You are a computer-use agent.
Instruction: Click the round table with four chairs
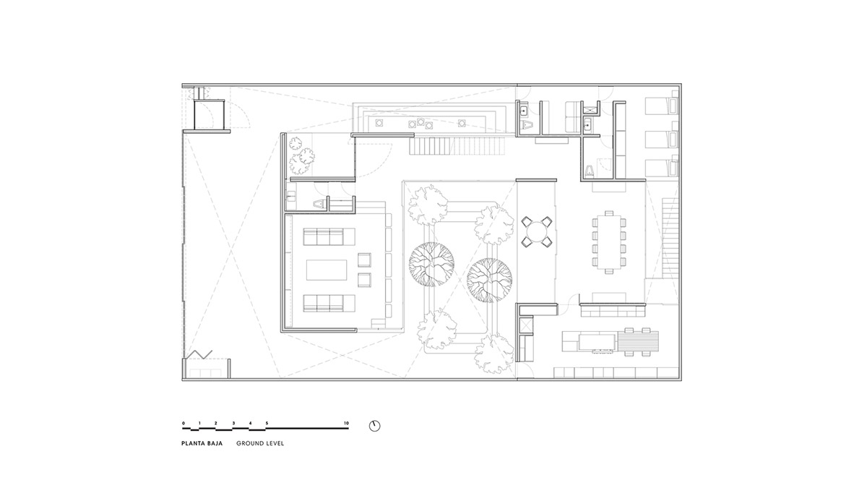(536, 231)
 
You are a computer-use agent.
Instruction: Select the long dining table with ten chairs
(609, 242)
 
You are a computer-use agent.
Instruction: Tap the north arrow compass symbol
(374, 426)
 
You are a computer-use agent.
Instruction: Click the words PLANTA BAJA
(202, 443)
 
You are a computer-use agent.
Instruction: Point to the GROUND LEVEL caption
(260, 443)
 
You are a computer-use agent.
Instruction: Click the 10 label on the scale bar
(346, 424)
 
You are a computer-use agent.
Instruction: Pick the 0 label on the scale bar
(184, 424)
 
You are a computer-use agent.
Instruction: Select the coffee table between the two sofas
(327, 270)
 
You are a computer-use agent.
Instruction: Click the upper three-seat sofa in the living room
(329, 236)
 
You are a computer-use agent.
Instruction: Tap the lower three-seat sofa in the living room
(329, 303)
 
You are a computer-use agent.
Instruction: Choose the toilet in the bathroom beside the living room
(319, 203)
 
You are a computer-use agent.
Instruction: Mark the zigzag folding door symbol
(199, 354)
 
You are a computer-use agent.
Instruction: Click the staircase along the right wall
(670, 238)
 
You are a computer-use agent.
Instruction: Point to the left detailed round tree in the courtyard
(431, 264)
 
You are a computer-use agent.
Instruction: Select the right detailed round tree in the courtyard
(490, 280)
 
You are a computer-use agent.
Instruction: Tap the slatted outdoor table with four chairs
(638, 341)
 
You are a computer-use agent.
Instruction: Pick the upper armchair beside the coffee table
(364, 260)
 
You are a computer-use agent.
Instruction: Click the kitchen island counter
(597, 341)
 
